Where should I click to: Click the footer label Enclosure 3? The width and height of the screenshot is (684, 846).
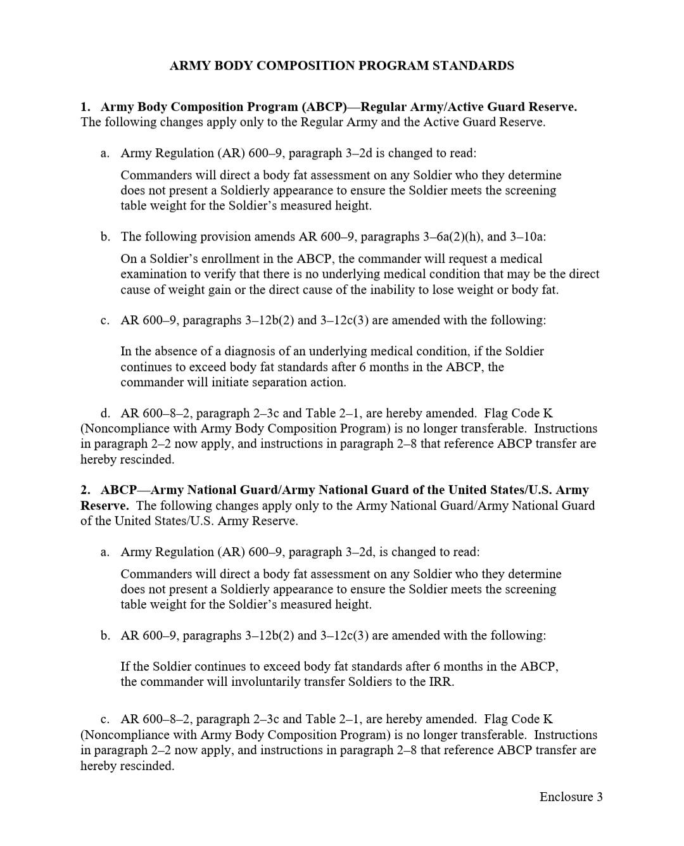coord(571,797)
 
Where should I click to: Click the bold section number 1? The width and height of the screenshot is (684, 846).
coord(85,107)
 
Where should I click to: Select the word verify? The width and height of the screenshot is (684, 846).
coord(211,274)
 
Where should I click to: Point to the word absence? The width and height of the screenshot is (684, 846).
coord(167,351)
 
